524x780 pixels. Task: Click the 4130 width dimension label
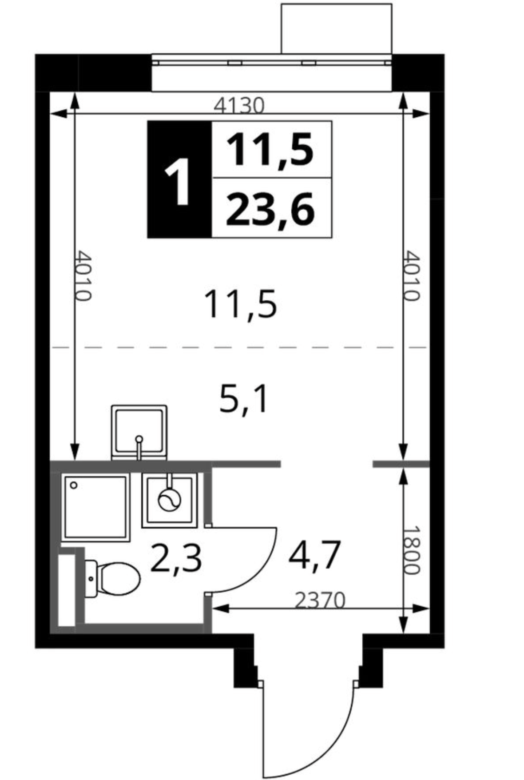(x=239, y=106)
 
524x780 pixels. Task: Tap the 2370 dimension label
(x=320, y=601)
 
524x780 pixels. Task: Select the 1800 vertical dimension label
(x=412, y=550)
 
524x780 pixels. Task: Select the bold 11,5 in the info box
(x=270, y=150)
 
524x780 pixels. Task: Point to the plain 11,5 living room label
(x=240, y=304)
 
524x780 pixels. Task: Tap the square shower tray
(x=95, y=507)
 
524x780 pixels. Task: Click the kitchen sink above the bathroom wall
(x=139, y=432)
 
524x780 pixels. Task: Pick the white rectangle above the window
(x=337, y=28)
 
